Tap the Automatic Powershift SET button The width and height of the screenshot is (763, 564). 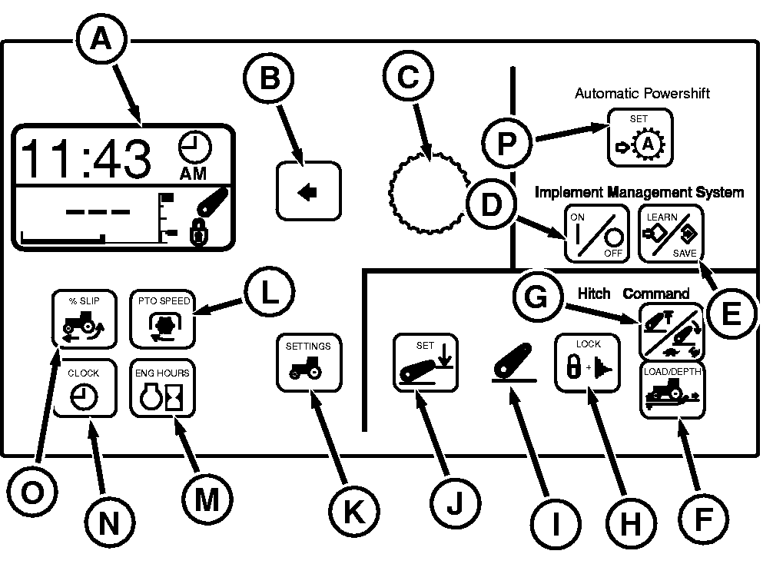[639, 138]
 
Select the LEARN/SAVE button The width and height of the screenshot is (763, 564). [670, 234]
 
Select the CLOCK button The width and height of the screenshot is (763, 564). [83, 389]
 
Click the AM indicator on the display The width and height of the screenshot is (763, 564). [193, 174]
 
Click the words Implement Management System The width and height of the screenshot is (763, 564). [639, 192]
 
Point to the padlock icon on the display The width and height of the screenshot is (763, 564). [198, 234]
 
